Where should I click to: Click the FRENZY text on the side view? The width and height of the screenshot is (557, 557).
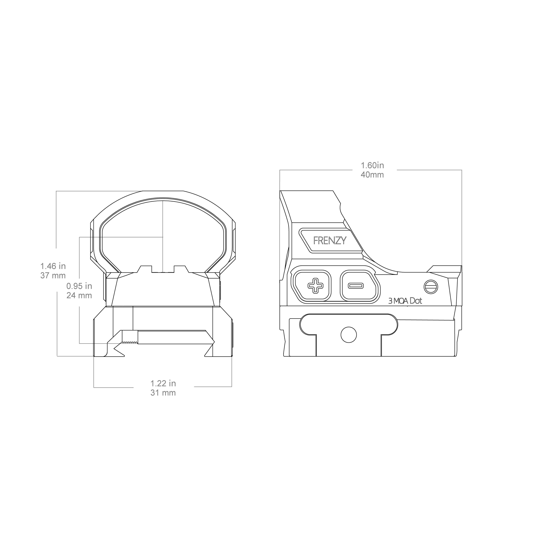330,240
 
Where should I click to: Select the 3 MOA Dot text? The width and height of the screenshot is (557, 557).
405,301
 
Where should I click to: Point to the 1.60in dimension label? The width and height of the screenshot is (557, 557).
373,166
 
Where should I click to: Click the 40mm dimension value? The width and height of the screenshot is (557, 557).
372,175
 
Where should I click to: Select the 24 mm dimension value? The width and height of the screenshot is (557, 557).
79,296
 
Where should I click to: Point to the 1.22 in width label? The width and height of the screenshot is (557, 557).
163,383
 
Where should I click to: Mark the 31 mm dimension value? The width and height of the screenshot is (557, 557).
163,393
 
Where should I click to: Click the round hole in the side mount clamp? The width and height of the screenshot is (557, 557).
349,335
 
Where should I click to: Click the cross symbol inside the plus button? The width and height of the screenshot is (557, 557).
316,286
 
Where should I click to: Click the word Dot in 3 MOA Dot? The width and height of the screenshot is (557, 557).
416,301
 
